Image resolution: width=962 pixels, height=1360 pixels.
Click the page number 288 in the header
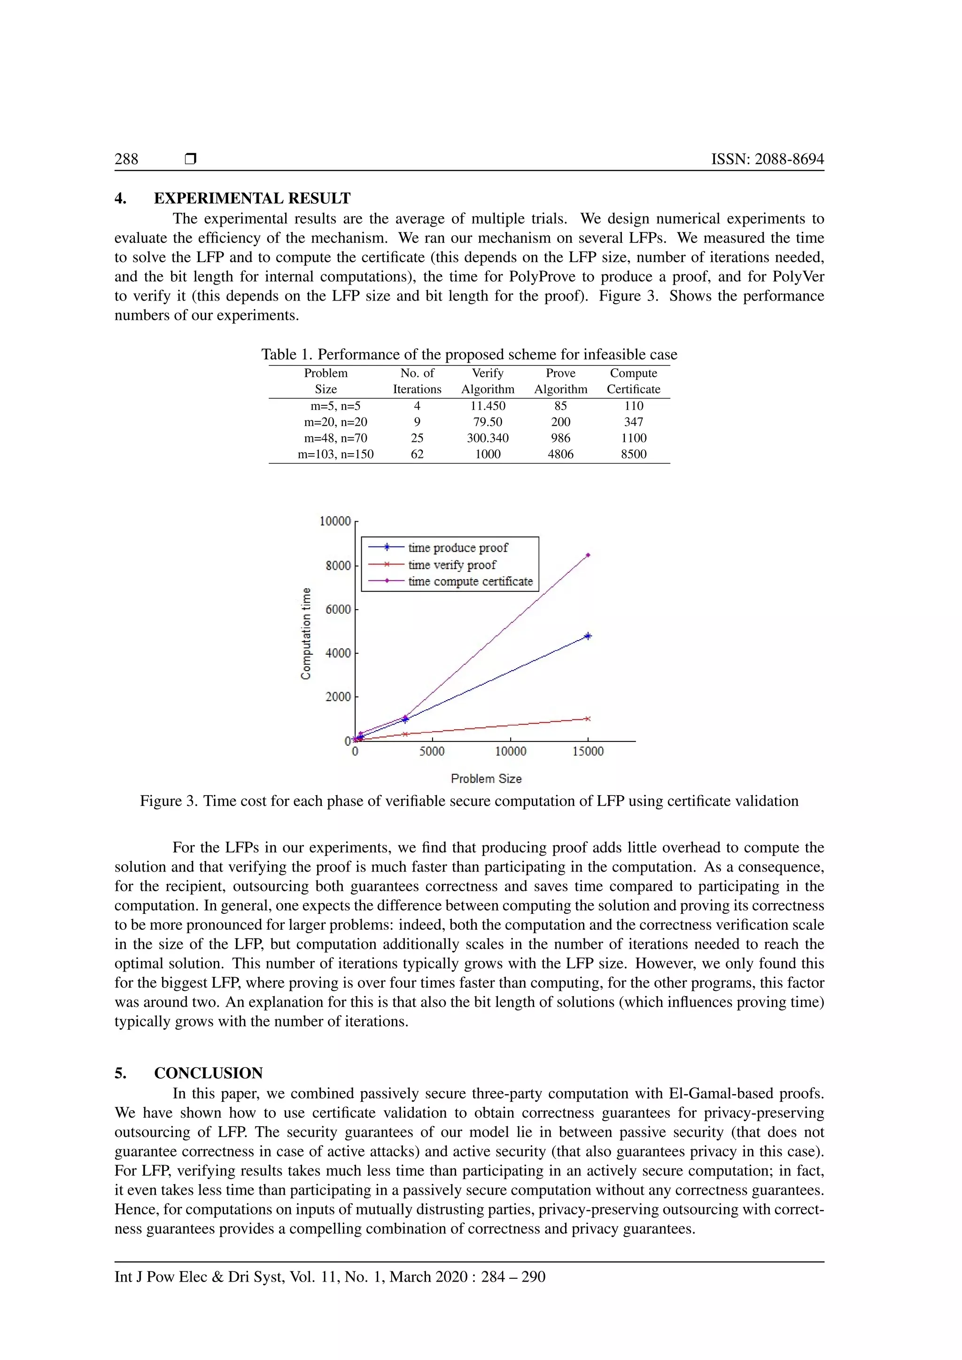126,159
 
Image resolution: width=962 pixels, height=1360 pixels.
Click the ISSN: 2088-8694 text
767,159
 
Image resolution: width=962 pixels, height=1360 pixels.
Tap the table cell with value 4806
560,454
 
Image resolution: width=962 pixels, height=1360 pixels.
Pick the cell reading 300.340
488,438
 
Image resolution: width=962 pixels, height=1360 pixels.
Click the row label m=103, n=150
335,454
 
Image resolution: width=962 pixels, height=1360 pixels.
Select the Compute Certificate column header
633,381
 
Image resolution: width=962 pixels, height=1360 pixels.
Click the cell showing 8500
633,454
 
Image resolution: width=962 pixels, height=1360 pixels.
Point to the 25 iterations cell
417,438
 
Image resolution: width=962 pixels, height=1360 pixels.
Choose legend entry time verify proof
451,565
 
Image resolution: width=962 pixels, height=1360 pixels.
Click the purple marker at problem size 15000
588,556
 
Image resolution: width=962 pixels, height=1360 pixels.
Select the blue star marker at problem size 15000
588,636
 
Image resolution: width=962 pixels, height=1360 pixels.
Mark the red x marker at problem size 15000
588,719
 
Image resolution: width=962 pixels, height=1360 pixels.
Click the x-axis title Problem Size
486,778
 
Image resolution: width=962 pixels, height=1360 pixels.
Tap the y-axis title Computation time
306,633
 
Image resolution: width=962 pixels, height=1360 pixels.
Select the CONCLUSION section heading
208,1074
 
